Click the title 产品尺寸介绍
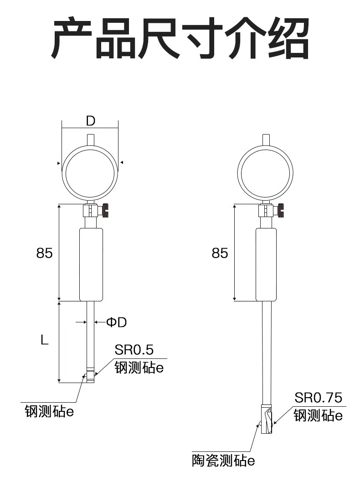click(x=180, y=38)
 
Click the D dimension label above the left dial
click(x=91, y=121)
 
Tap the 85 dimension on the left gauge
click(x=45, y=253)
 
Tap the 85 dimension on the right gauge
click(x=220, y=253)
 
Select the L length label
click(x=45, y=340)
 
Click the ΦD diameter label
click(x=117, y=322)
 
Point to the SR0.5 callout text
click(x=134, y=349)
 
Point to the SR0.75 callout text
click(x=318, y=398)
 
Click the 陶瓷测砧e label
click(x=223, y=461)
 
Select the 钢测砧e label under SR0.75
click(x=318, y=415)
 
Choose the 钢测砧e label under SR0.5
click(x=139, y=368)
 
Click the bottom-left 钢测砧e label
click(x=50, y=411)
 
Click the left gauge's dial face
click(x=90, y=173)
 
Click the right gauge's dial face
click(x=265, y=173)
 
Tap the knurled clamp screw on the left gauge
click(x=106, y=211)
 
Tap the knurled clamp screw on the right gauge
click(x=281, y=211)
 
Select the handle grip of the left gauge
click(x=91, y=264)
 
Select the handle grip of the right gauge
click(x=266, y=264)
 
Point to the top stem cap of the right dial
click(x=266, y=140)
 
